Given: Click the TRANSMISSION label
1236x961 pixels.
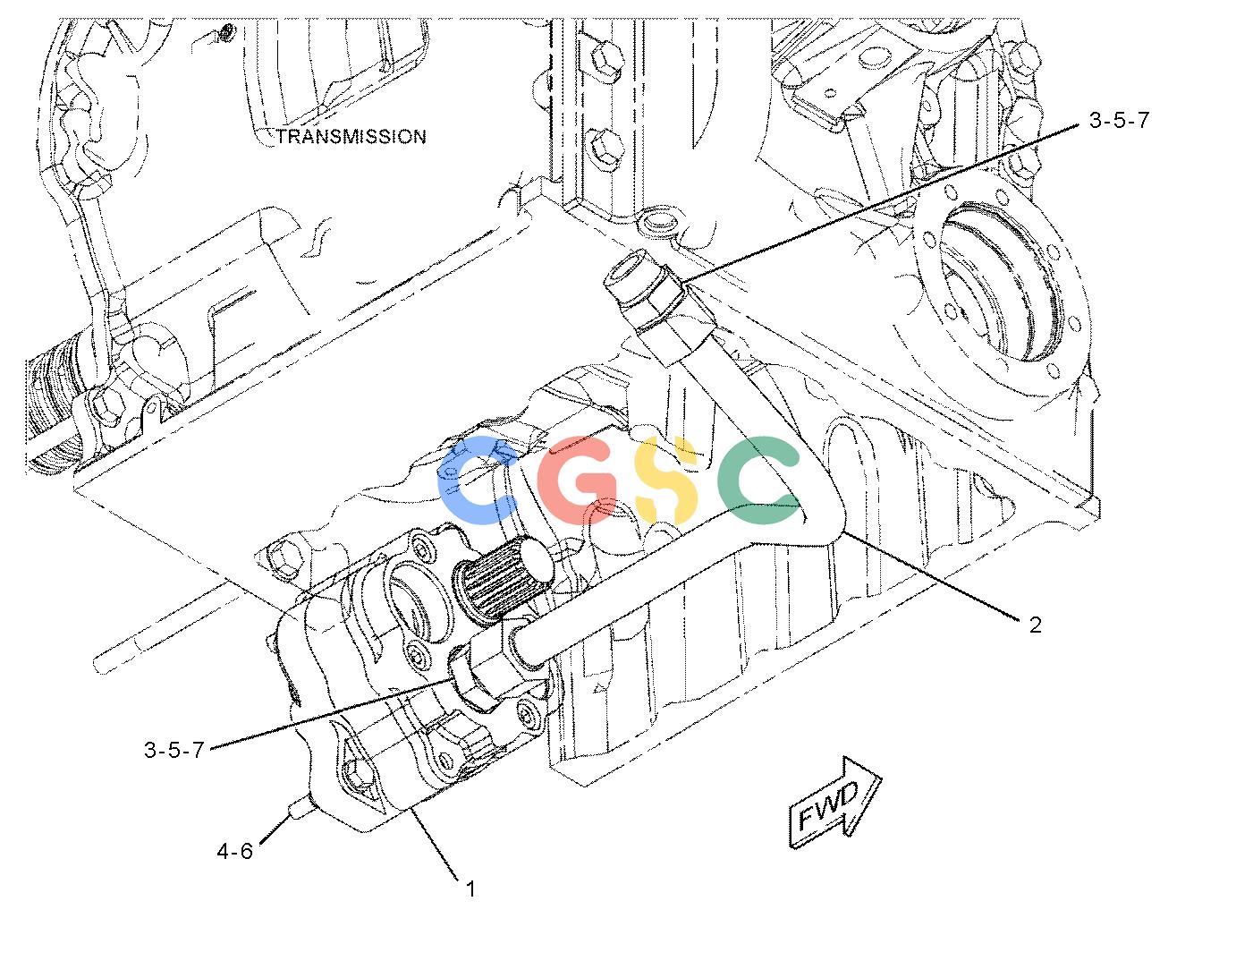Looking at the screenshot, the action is coord(351,137).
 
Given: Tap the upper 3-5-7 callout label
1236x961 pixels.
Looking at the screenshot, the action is coord(1119,120).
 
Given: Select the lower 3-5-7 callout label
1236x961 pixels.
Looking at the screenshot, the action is coord(174,750).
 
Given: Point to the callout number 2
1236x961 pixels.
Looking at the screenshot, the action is coord(1035,625).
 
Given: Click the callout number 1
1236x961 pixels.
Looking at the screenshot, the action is coord(470,889).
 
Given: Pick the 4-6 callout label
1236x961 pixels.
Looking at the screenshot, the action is coord(234,851).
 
